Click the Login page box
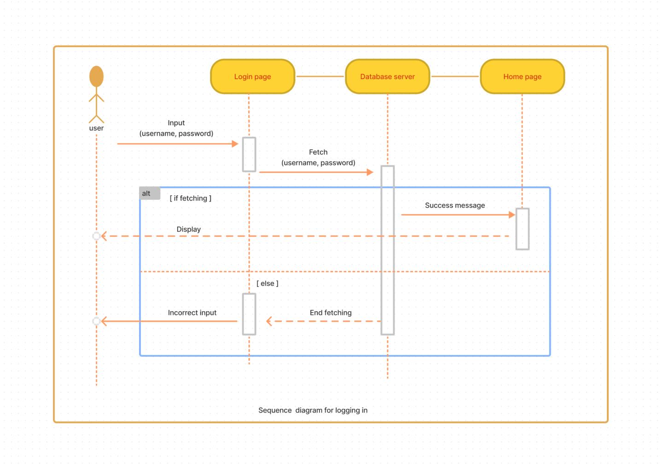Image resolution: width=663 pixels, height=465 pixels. [x=252, y=76]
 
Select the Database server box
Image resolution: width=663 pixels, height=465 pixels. [x=387, y=76]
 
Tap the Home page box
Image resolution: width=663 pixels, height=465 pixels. [x=522, y=76]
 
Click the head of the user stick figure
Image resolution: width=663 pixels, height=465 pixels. [x=96, y=76]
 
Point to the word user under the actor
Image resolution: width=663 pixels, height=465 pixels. [x=96, y=128]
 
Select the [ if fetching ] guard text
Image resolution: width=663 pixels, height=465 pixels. [x=191, y=198]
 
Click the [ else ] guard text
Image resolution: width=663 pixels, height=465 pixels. [x=268, y=284]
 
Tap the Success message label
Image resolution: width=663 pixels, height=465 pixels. [x=454, y=205]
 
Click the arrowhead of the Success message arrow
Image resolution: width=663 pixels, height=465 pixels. [x=512, y=215]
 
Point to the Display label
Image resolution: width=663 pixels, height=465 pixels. [x=188, y=229]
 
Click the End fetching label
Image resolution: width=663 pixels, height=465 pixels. [x=331, y=313]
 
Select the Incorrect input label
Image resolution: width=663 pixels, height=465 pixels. [x=192, y=313]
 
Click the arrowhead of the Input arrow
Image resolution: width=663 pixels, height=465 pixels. [x=235, y=144]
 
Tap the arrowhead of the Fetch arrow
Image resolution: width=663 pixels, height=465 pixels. [x=370, y=172]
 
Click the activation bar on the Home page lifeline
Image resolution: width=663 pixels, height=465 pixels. [x=522, y=229]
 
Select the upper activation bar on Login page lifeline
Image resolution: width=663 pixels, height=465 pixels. [x=249, y=155]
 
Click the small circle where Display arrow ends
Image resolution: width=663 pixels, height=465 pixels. [x=96, y=236]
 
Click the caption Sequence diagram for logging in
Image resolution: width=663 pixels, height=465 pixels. [x=313, y=410]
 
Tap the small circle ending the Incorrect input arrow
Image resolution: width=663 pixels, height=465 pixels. [x=96, y=321]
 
